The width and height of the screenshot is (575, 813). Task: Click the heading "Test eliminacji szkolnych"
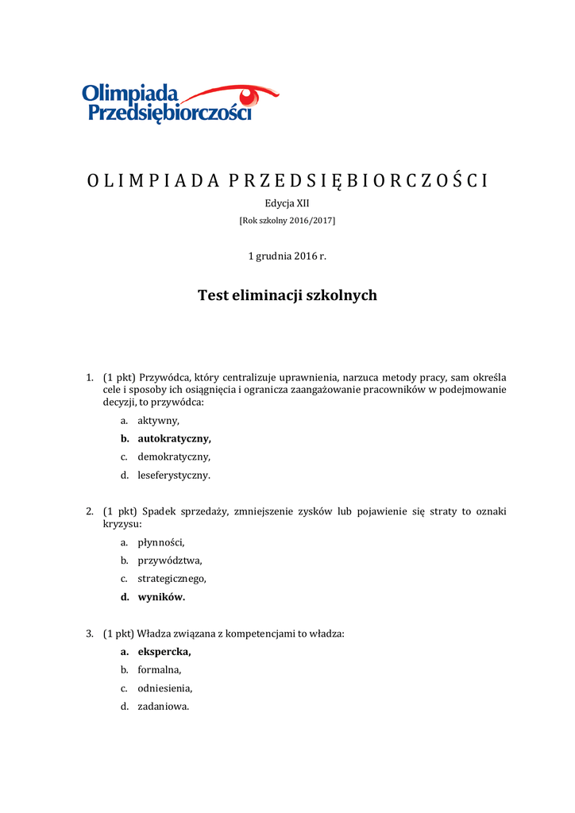(287, 295)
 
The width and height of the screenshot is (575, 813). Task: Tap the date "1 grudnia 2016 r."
(287, 256)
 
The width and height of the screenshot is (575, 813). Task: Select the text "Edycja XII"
(287, 203)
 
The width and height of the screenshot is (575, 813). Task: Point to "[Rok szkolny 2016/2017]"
(287, 220)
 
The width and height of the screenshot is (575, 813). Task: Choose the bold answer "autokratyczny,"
(174, 438)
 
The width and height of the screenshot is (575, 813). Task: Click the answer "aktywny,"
(158, 420)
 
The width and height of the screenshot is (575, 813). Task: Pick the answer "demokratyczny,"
(174, 457)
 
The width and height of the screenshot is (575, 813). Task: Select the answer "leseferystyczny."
(174, 476)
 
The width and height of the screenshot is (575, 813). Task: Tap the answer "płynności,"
(160, 542)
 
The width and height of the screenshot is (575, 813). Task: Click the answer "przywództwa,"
(164, 561)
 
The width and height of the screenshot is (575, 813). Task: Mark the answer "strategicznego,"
(172, 579)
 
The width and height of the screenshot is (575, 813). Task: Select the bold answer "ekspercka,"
(164, 652)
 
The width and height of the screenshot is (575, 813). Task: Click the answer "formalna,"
(160, 670)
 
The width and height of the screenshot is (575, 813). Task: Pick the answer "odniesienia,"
(164, 688)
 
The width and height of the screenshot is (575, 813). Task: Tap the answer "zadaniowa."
(163, 707)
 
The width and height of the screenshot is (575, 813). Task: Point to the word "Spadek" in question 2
(158, 511)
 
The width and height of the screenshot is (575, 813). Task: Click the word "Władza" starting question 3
(153, 634)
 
